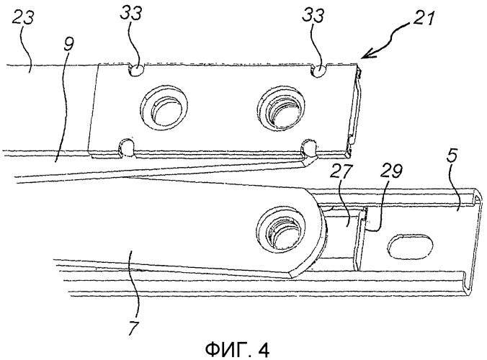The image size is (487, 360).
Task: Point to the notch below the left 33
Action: tap(135, 71)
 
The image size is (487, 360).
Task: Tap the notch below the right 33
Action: tap(316, 71)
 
